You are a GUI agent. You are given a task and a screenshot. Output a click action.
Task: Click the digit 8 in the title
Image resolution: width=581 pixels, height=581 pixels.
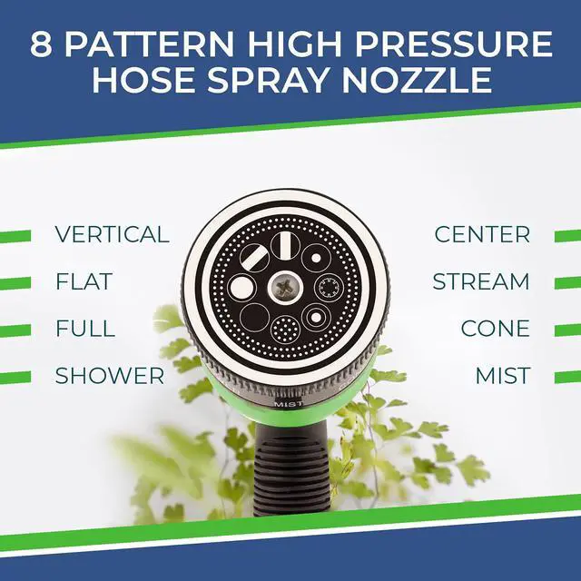pyautogui.click(x=41, y=45)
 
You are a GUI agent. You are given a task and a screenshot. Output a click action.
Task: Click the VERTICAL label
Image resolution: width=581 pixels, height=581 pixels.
pyautogui.click(x=112, y=234)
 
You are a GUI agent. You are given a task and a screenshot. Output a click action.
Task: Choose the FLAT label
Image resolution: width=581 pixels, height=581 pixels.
pyautogui.click(x=84, y=281)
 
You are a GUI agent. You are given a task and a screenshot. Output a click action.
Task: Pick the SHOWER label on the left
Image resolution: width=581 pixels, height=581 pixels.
pyautogui.click(x=110, y=376)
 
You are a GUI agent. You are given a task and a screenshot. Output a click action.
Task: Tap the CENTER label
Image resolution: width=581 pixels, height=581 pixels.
pyautogui.click(x=482, y=234)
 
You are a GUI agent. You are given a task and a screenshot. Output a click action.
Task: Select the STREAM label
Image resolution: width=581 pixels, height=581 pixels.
pyautogui.click(x=480, y=281)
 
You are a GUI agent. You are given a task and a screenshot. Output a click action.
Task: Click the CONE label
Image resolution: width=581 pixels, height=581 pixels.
pyautogui.click(x=495, y=329)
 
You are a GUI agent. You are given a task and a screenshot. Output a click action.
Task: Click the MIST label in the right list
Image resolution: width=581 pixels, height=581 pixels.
pyautogui.click(x=503, y=376)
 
